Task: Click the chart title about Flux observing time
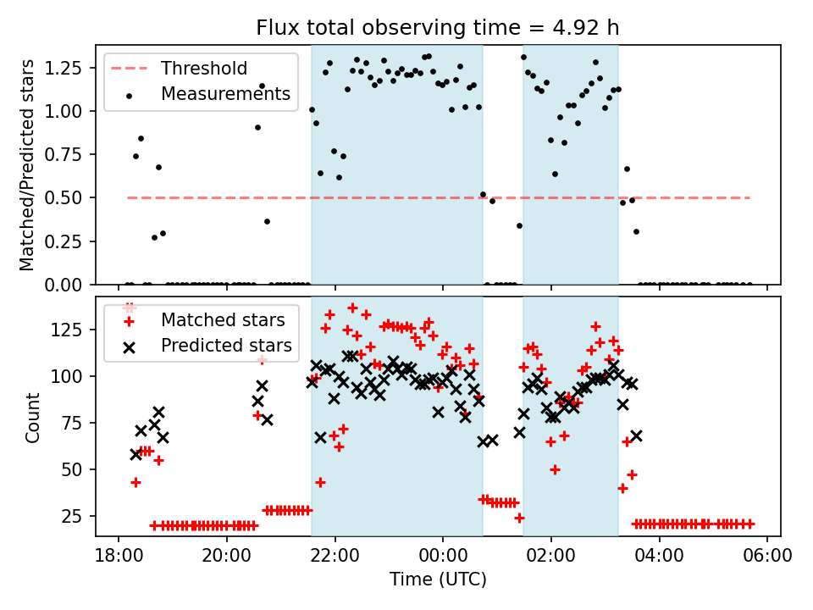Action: point(437,28)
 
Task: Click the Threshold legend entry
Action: point(204,69)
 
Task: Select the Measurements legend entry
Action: point(225,94)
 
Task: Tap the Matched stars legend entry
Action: point(223,320)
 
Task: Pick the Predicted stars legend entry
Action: point(226,345)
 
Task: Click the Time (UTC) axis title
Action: point(437,579)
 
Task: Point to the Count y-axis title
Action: point(33,417)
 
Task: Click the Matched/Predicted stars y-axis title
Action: point(28,165)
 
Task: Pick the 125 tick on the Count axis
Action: point(73,329)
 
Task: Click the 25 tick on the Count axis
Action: point(77,516)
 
